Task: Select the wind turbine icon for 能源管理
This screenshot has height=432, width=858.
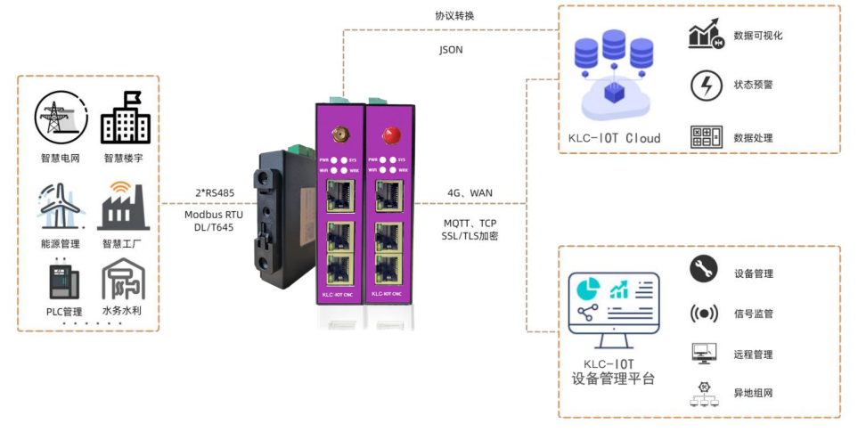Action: (x=61, y=204)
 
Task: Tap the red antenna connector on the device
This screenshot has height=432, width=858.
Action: (x=388, y=135)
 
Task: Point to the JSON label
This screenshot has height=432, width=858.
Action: (x=451, y=50)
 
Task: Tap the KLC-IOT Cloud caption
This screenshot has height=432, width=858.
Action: (x=615, y=138)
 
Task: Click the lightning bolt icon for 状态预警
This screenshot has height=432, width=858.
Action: (x=705, y=86)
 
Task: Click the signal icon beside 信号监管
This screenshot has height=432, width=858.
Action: (x=704, y=313)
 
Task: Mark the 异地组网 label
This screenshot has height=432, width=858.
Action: (x=753, y=393)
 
